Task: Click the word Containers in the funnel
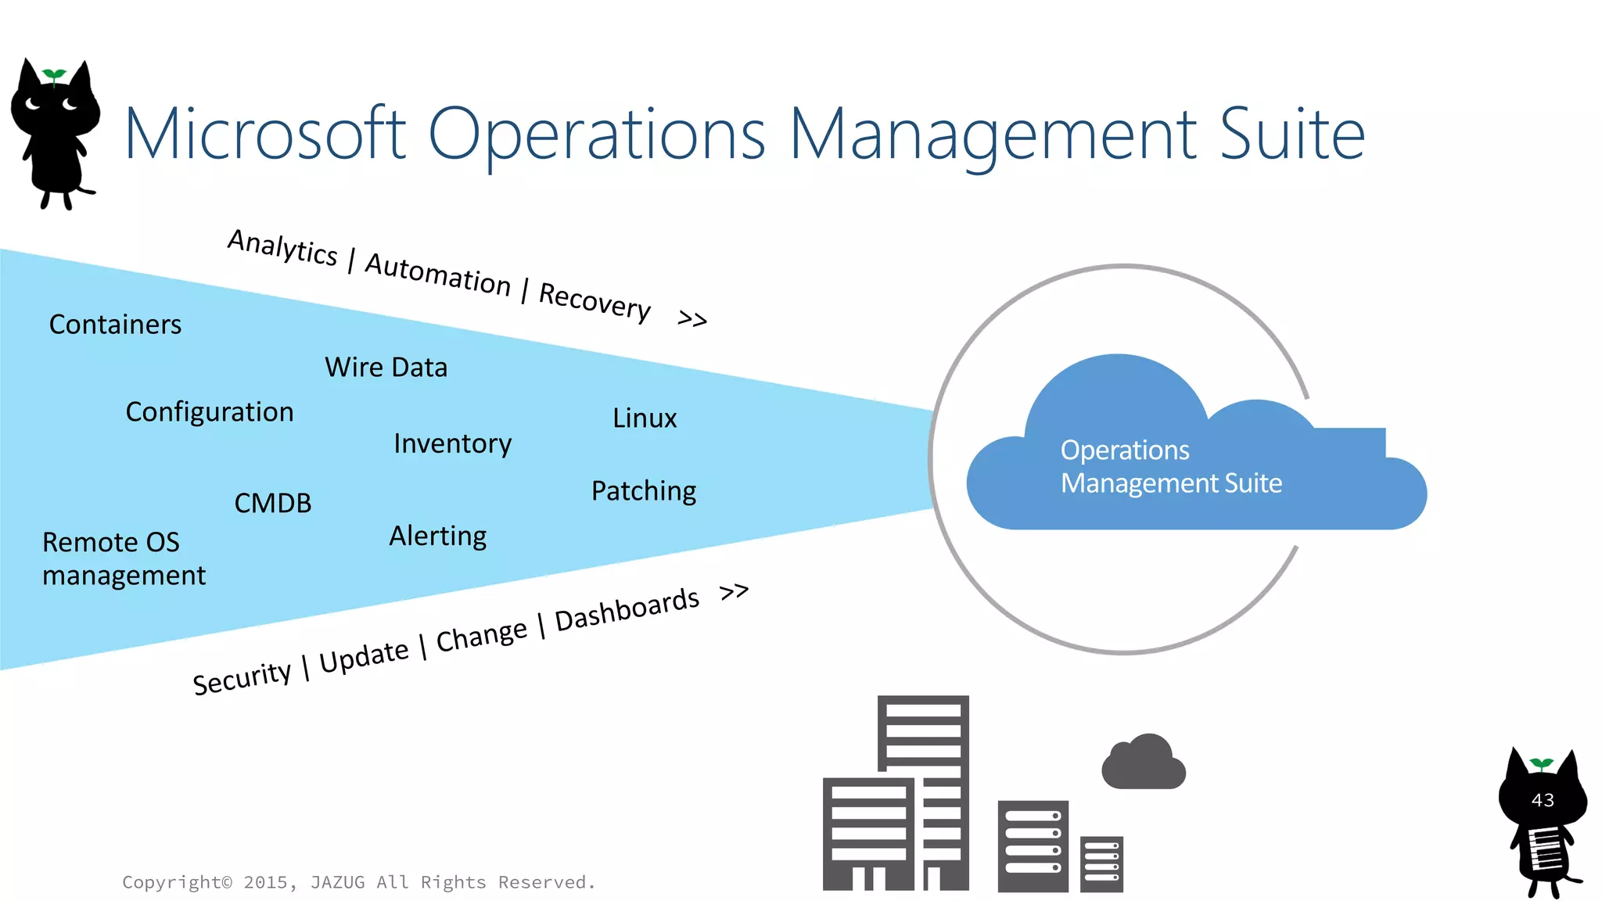click(115, 325)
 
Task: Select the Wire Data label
click(386, 368)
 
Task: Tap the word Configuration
click(210, 412)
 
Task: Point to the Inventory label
click(452, 443)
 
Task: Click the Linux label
click(645, 418)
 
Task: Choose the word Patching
click(644, 491)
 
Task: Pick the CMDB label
click(272, 503)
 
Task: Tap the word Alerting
click(438, 537)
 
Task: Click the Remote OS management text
click(123, 558)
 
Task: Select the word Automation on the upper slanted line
click(438, 274)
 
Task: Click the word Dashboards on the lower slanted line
click(627, 609)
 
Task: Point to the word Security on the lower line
click(242, 677)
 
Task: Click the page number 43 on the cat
click(1543, 800)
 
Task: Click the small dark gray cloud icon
click(1144, 763)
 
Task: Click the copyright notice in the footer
click(359, 882)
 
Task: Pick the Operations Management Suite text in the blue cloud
click(1170, 467)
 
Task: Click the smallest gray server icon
click(1101, 863)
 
